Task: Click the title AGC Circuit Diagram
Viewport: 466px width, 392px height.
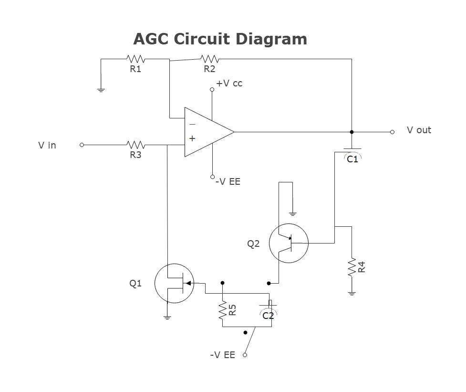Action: point(220,39)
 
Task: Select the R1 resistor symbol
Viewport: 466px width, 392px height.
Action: point(135,59)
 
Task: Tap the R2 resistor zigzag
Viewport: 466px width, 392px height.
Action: point(209,59)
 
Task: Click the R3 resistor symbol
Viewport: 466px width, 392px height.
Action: point(135,144)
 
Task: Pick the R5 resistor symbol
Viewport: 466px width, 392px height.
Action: point(222,310)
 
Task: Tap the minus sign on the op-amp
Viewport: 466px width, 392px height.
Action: point(192,124)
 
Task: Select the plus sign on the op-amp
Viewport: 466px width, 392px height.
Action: point(192,138)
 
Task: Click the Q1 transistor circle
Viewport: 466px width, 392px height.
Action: point(175,283)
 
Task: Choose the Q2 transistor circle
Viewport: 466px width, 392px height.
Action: point(289,243)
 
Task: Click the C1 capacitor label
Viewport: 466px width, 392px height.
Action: point(352,159)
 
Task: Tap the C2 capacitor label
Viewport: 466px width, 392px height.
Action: point(269,315)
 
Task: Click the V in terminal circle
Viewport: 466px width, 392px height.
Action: point(82,145)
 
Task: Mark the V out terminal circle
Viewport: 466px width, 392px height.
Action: point(392,132)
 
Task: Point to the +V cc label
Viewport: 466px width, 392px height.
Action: point(229,84)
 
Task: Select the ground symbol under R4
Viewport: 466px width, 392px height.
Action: point(352,293)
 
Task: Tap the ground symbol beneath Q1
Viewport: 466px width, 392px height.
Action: point(167,316)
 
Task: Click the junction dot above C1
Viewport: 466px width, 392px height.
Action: point(352,132)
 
